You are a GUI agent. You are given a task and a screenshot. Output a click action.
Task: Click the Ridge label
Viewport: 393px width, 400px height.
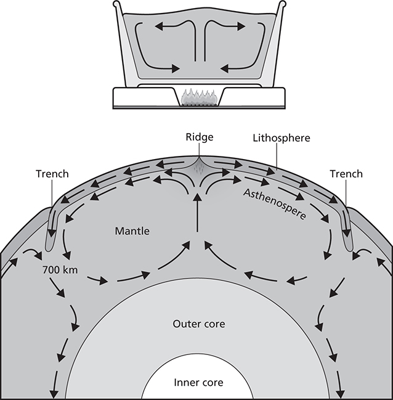point(198,137)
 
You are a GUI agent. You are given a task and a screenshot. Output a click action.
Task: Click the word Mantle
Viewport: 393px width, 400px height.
point(132,232)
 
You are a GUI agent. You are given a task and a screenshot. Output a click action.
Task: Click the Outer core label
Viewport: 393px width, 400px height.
point(198,324)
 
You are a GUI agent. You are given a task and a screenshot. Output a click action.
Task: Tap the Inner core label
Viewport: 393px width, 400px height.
point(198,382)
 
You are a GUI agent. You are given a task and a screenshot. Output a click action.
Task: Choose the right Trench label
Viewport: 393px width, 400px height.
point(346,174)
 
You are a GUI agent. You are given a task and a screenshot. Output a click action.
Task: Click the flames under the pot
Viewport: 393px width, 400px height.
point(198,97)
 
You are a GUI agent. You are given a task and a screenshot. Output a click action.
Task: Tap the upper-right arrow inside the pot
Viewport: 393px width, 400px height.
point(227,26)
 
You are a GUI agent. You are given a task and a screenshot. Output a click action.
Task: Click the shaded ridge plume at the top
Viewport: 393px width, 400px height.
point(198,167)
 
